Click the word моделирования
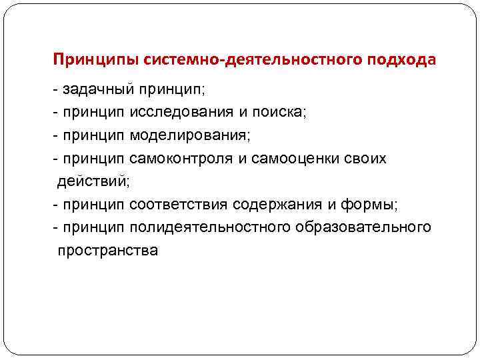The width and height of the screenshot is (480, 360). pyautogui.click(x=189, y=136)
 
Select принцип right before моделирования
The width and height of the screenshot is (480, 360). pyautogui.click(x=93, y=137)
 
